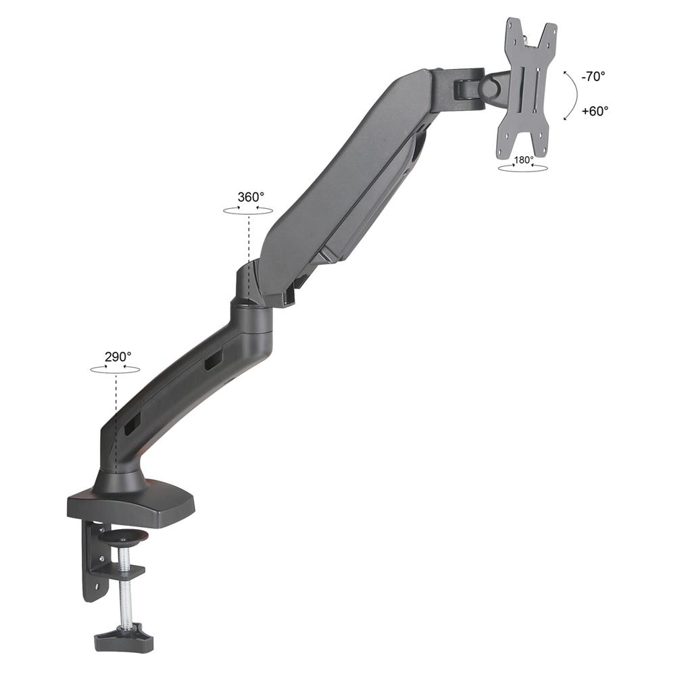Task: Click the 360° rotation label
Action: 251,197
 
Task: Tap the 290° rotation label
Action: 118,357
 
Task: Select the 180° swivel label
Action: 524,159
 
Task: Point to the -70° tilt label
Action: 593,76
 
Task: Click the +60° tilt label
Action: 595,111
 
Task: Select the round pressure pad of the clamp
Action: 125,537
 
